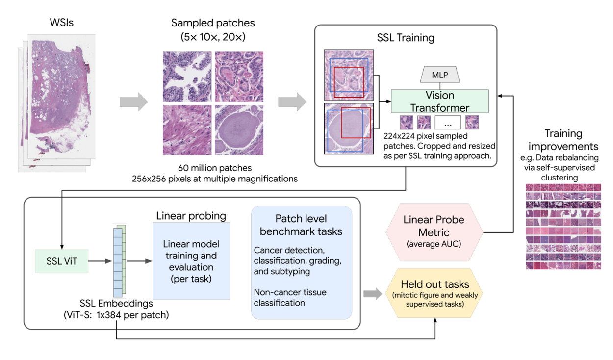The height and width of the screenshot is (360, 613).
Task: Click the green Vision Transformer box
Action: [439, 102]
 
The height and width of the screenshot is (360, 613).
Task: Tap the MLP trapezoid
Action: [440, 75]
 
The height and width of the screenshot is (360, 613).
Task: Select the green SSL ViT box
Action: [61, 260]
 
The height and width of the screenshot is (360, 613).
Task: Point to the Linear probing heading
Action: [191, 216]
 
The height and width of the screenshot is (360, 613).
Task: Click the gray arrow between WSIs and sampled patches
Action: [133, 103]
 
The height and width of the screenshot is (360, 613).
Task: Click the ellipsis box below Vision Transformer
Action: [447, 122]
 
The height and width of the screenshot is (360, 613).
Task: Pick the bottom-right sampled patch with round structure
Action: [239, 130]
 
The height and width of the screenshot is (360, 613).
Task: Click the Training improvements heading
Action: [563, 140]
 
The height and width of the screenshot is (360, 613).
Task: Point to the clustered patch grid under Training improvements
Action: [563, 226]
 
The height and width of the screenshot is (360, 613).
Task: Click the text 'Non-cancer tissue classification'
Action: [290, 297]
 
